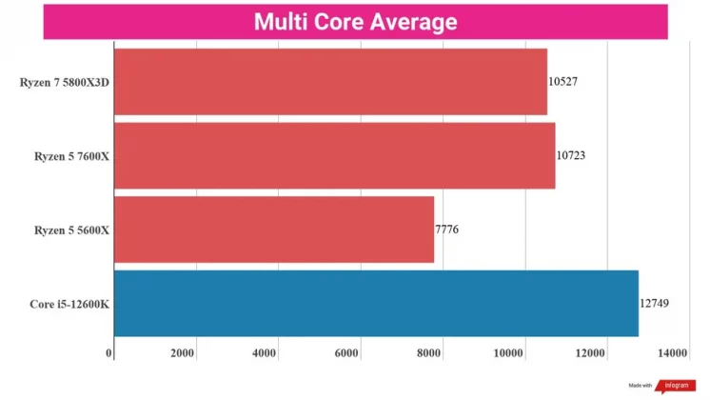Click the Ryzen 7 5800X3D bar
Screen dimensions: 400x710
click(330, 82)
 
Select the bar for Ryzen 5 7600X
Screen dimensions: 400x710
click(334, 155)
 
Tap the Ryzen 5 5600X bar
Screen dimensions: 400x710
click(274, 230)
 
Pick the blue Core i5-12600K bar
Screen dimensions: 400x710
click(376, 303)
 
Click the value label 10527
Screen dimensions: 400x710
click(562, 82)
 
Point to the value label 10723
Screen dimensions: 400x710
click(571, 155)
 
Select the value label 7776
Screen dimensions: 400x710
click(447, 230)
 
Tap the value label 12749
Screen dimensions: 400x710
click(655, 303)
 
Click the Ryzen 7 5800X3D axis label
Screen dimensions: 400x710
click(65, 82)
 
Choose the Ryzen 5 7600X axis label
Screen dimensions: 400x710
click(72, 155)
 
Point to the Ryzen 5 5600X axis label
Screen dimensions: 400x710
click(72, 230)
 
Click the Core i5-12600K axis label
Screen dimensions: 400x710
click(69, 304)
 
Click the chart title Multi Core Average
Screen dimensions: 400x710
click(355, 22)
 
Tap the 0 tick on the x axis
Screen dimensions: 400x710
click(110, 353)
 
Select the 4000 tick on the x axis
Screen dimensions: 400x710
click(264, 353)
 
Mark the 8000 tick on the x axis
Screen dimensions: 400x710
click(430, 353)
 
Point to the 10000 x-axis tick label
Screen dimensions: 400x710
click(511, 353)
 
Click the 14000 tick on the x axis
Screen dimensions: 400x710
click(672, 353)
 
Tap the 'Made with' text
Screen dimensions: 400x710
click(641, 386)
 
